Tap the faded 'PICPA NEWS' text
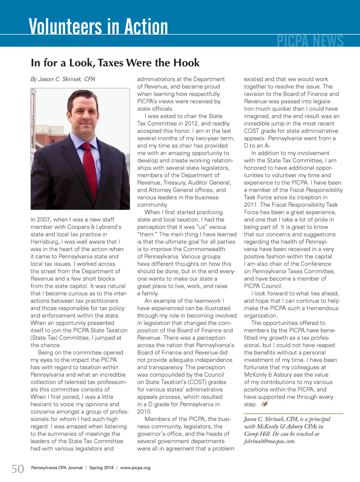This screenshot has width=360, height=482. pyautogui.click(x=310, y=41)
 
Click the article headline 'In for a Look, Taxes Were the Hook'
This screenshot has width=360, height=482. pyautogui.click(x=115, y=63)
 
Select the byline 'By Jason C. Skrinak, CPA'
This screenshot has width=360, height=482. pyautogui.click(x=63, y=79)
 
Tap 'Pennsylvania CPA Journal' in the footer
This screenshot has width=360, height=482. pyautogui.click(x=57, y=468)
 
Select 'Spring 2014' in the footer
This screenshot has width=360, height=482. pyautogui.click(x=101, y=468)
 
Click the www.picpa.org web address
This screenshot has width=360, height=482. pyautogui.click(x=135, y=468)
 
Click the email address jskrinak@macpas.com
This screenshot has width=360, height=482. pyautogui.click(x=269, y=441)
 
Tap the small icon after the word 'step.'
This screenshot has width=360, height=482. pyautogui.click(x=265, y=404)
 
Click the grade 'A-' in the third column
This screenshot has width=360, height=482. pyautogui.click(x=267, y=146)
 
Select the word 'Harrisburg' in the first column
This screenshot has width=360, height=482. pyautogui.click(x=45, y=242)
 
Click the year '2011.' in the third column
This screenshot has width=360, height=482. pyautogui.click(x=251, y=205)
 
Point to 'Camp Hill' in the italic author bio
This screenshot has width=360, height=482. pyautogui.click(x=257, y=434)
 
